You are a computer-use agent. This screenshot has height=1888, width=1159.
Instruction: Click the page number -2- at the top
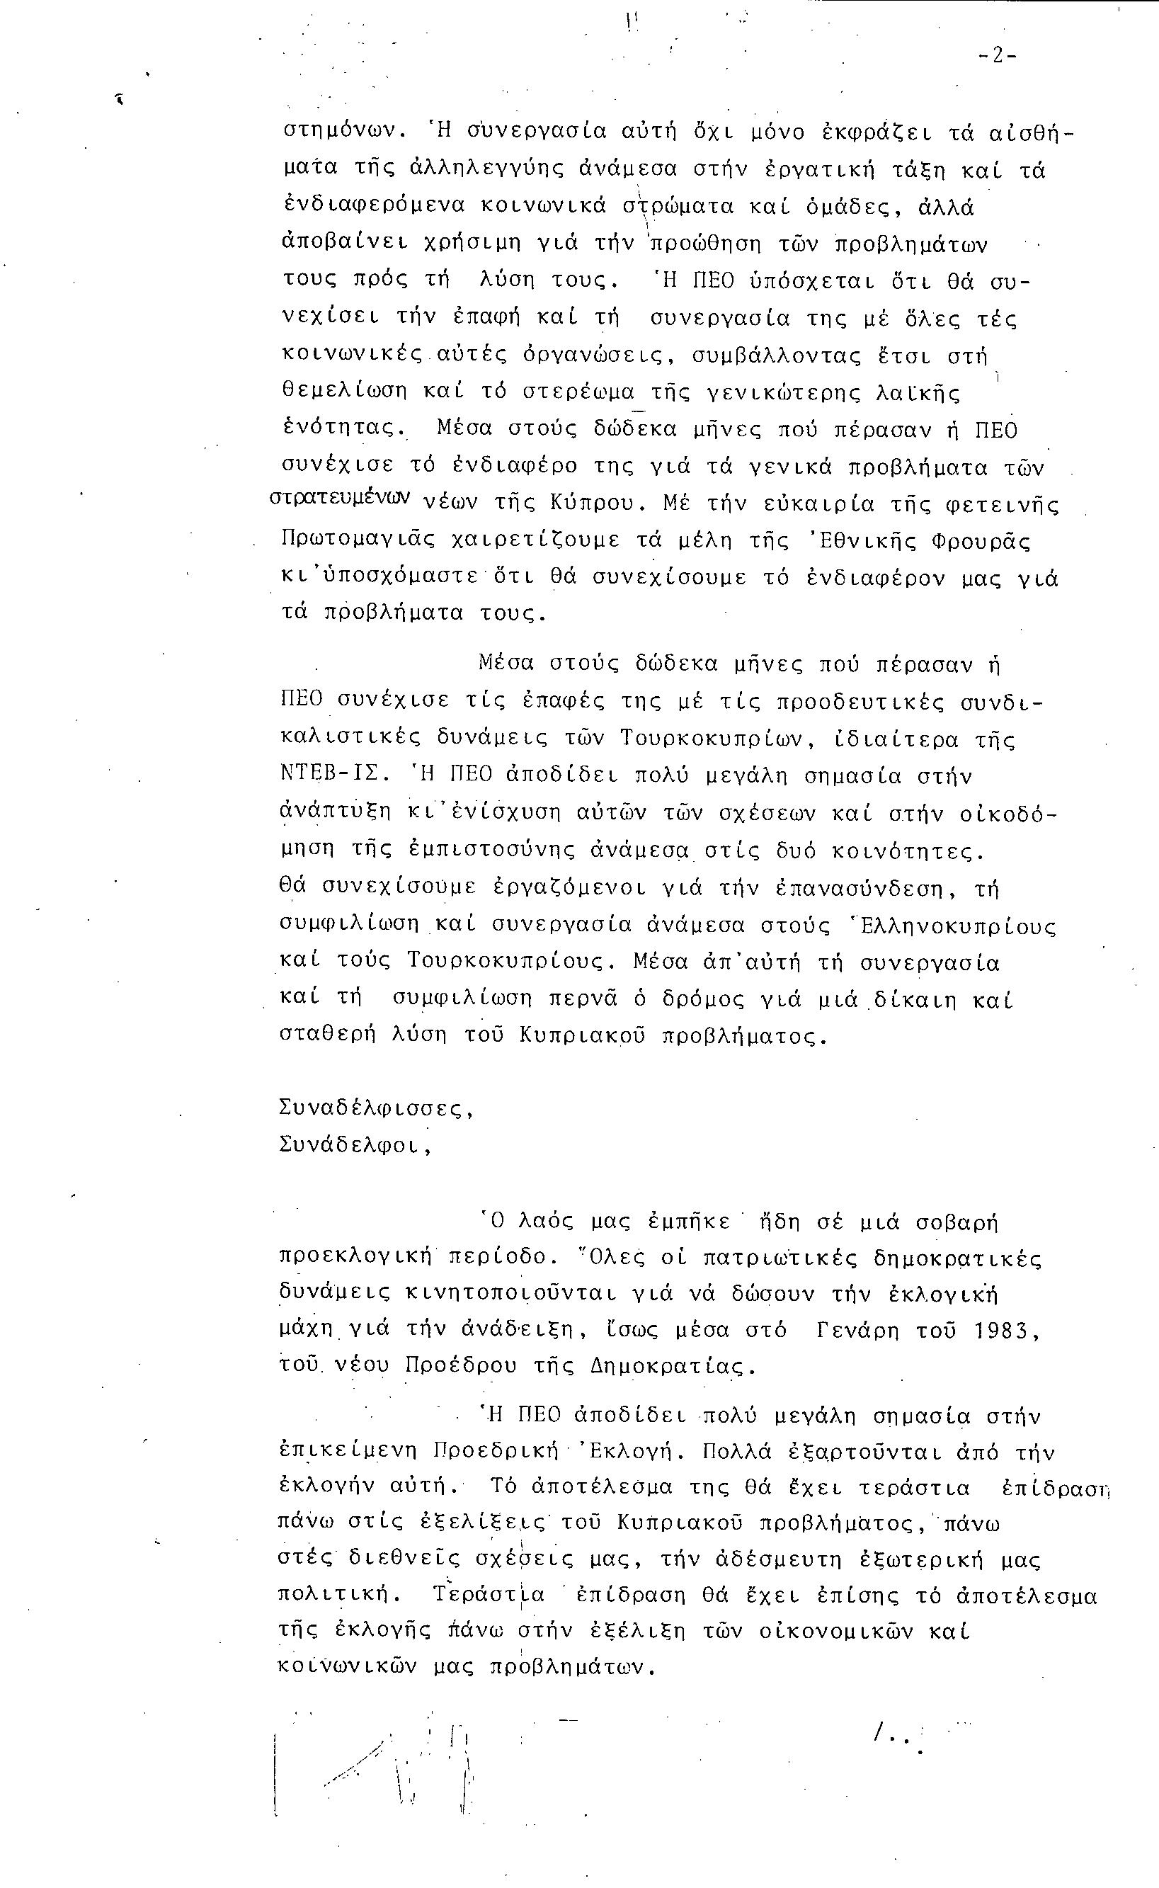coord(996,56)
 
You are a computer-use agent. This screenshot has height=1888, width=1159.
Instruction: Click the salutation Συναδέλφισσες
coord(376,1108)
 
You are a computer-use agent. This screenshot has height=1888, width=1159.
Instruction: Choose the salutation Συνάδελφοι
coord(354,1145)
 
